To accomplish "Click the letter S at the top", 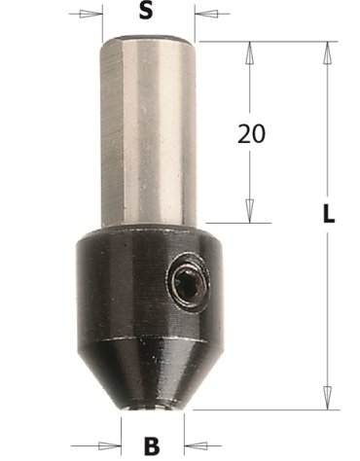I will (x=145, y=14).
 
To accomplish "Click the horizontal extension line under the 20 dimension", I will (x=234, y=220).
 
